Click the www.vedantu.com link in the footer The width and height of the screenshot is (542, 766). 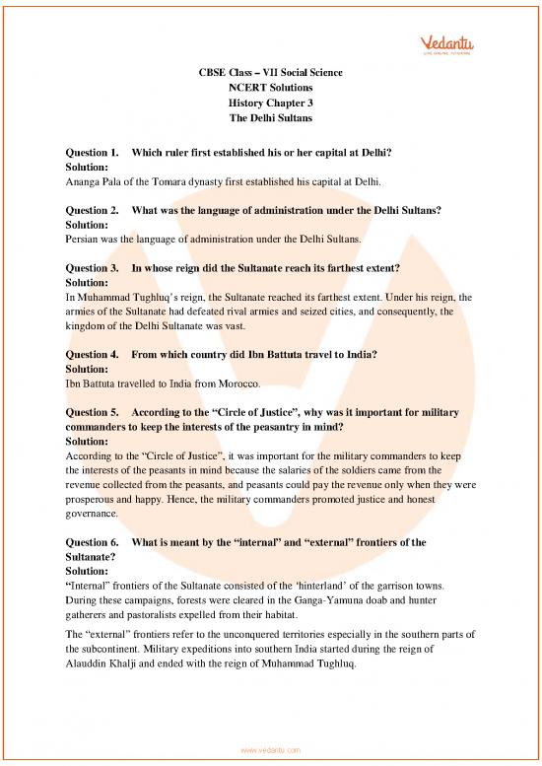point(271,750)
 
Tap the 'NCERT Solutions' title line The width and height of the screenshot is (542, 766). point(271,85)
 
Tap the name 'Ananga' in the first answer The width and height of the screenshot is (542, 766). point(85,182)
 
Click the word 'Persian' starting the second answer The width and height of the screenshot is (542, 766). point(83,239)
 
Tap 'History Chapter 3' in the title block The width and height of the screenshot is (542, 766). point(271,101)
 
